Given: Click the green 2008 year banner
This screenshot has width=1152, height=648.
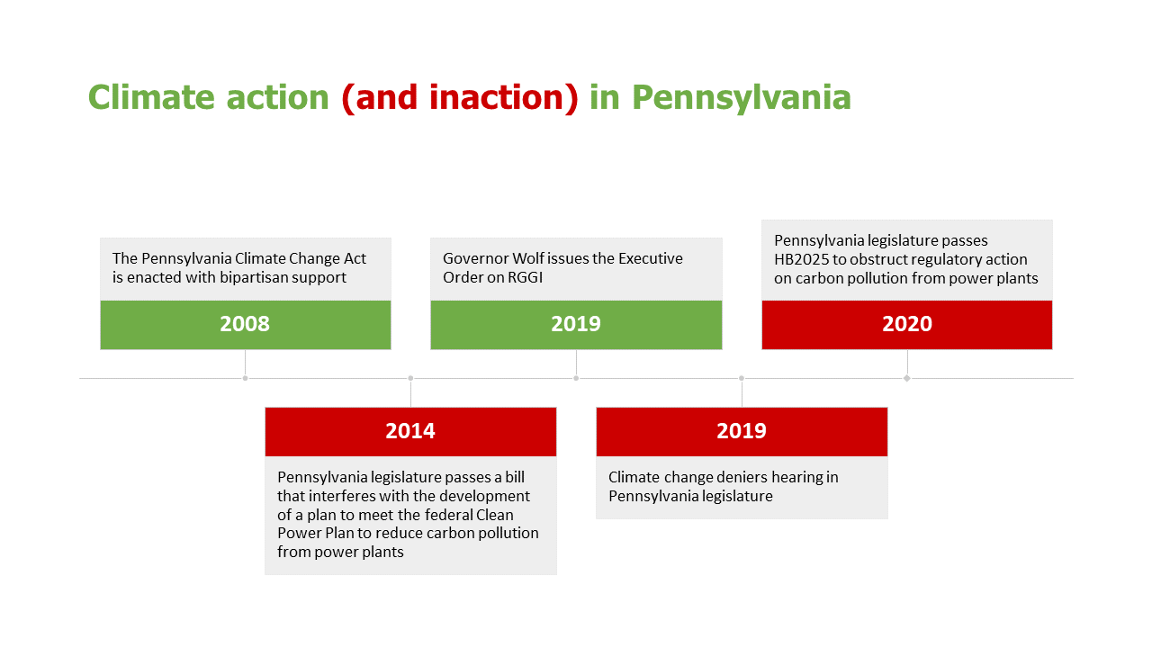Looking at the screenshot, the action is tap(246, 325).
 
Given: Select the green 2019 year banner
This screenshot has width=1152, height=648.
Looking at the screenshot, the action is tap(576, 325).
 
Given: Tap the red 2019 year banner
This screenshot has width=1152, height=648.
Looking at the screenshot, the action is tap(742, 431).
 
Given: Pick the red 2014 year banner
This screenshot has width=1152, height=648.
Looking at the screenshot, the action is tap(410, 431).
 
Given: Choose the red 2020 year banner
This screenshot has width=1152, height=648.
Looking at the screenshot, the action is tap(907, 325).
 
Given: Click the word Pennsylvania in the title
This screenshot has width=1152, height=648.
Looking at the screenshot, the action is tap(741, 99).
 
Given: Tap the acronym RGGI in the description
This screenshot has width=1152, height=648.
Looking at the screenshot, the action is tap(525, 278).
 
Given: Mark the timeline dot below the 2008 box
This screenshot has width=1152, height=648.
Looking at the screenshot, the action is tap(246, 379).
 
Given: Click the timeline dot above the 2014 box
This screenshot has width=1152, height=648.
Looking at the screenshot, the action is tap(410, 379).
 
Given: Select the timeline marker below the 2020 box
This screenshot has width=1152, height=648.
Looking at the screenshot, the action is tap(907, 379).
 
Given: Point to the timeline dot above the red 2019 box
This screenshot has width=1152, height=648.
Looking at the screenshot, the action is tap(742, 379).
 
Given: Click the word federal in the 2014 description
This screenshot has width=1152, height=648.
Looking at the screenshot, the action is tap(448, 515).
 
